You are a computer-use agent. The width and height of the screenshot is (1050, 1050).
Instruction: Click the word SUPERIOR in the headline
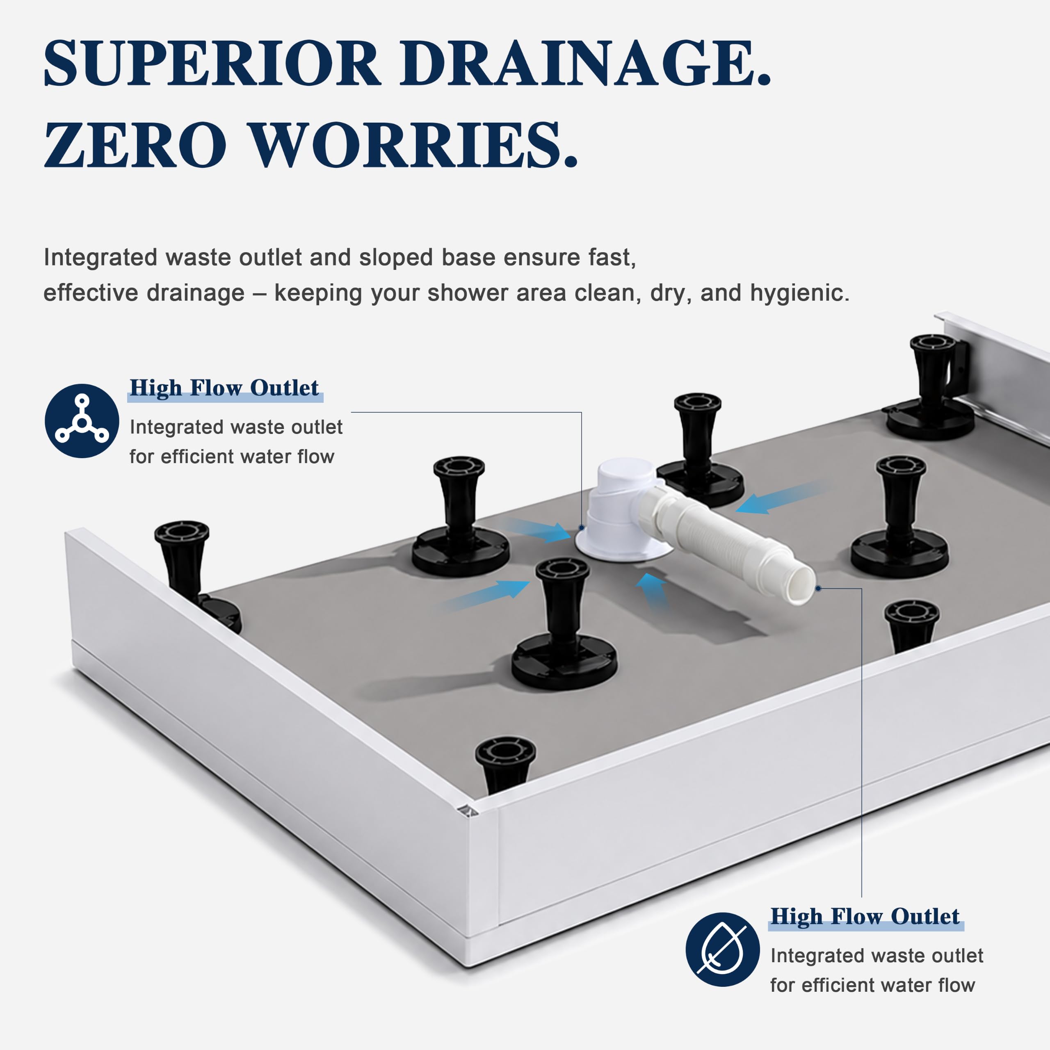212,63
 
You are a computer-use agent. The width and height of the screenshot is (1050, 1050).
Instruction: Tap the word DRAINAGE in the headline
586,63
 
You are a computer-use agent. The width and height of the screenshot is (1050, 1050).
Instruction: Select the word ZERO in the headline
135,144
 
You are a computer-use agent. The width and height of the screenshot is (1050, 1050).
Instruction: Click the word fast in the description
612,257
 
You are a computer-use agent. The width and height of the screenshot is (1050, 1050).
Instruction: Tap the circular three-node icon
82,421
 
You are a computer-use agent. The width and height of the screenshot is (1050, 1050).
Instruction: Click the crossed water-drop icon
722,950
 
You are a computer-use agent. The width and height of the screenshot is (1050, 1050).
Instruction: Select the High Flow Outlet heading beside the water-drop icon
865,916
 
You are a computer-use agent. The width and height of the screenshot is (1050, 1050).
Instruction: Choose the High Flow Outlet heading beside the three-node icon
224,388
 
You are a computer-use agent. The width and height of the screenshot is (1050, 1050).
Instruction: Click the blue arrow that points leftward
783,497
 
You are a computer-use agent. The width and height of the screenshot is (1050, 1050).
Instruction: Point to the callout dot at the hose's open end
818,589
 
